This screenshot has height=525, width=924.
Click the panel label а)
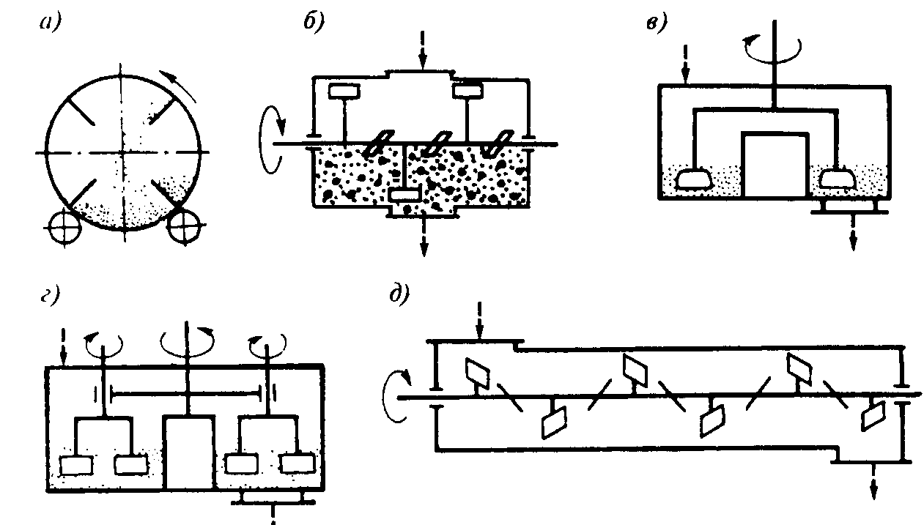coord(51,23)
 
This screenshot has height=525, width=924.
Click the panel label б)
coord(314,22)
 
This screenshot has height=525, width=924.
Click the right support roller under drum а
coord(182,228)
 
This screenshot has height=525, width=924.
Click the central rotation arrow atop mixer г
coord(190,338)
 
